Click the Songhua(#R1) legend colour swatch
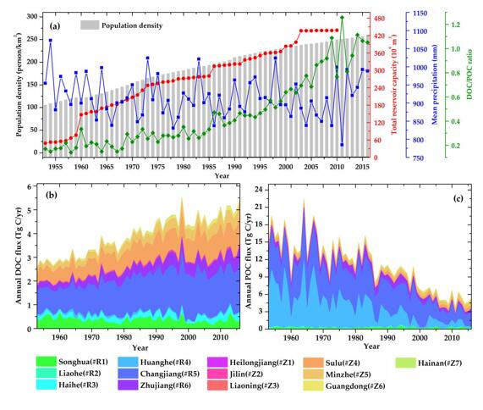point(47,361)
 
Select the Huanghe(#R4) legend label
point(166,362)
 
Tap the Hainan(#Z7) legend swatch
point(406,363)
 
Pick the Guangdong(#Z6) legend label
point(355,386)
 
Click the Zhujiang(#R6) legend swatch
point(128,385)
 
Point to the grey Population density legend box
point(90,25)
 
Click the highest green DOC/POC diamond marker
point(342,18)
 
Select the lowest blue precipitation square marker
point(342,145)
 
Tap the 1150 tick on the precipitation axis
point(420,14)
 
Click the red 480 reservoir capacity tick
point(380,19)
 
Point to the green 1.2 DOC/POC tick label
point(456,25)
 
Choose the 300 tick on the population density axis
point(32,16)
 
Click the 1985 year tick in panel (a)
point(209,167)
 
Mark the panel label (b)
point(52,195)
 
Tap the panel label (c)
point(458,198)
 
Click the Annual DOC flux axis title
point(19,255)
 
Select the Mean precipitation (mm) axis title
point(434,85)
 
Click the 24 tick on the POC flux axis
point(259,190)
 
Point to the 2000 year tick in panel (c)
point(420,337)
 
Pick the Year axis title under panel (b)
point(140,347)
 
